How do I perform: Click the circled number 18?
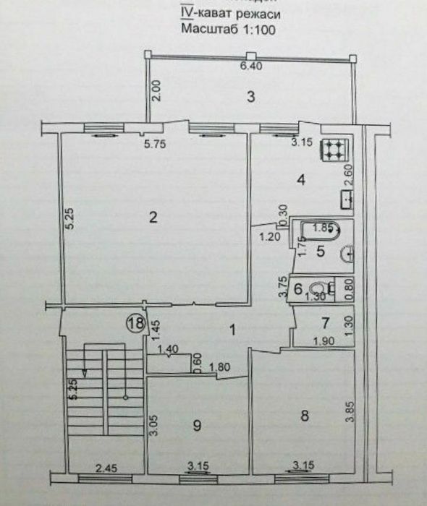pyautogui.click(x=136, y=322)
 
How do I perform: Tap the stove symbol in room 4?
pyautogui.click(x=336, y=149)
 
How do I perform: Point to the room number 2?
pyautogui.click(x=153, y=217)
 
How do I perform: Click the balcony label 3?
pyautogui.click(x=250, y=97)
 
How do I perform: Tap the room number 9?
pyautogui.click(x=196, y=426)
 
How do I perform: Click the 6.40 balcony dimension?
pyautogui.click(x=250, y=67)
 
